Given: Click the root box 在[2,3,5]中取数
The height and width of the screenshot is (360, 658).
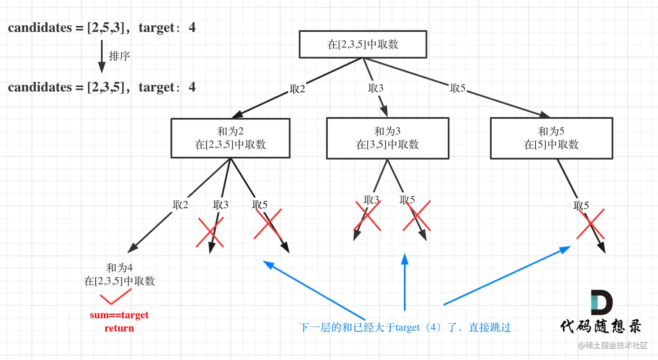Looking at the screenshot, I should [x=363, y=44].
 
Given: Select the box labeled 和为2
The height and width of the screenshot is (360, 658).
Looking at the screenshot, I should [x=230, y=138].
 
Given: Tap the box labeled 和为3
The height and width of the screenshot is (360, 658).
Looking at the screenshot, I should [x=387, y=138].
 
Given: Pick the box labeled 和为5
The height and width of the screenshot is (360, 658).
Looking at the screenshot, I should [x=551, y=138].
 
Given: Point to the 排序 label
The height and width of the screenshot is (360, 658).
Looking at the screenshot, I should [x=119, y=56].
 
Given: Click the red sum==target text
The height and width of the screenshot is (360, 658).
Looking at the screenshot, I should [x=119, y=315].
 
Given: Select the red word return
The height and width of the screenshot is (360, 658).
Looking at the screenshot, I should [x=119, y=328].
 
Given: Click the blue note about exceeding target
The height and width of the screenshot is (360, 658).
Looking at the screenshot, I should [x=405, y=327].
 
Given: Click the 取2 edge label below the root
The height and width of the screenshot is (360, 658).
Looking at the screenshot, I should [x=297, y=89].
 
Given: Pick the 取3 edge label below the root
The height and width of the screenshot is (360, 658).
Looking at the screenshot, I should [x=376, y=88].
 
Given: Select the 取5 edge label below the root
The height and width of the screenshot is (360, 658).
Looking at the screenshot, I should [x=457, y=88].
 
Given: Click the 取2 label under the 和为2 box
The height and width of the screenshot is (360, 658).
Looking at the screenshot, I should [x=180, y=205].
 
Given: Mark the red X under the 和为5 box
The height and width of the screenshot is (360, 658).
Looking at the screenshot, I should [x=591, y=224].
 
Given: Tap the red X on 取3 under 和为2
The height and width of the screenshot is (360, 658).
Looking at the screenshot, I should [x=210, y=232].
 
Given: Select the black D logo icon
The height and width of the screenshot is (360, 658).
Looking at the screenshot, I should [x=601, y=302].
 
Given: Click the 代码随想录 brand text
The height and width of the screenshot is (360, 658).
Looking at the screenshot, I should [x=601, y=326].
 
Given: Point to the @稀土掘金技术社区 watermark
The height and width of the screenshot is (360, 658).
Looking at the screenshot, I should [x=612, y=345].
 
